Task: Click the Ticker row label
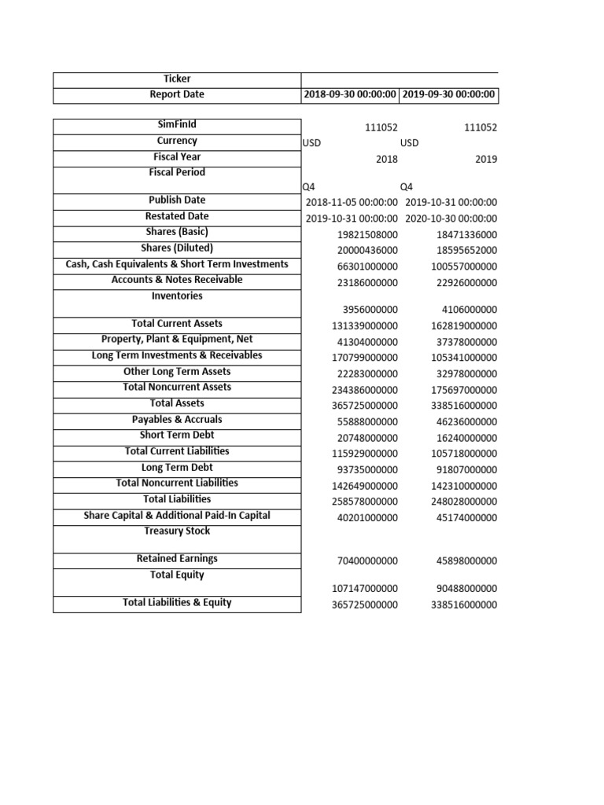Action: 177,79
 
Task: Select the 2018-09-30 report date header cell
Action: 351,95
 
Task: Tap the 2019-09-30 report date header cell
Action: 449,95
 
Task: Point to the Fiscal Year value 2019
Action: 485,159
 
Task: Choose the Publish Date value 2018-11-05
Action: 351,202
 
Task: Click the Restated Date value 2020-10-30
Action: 451,219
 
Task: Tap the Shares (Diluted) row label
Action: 177,248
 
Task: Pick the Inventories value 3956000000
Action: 370,310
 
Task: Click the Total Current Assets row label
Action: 177,323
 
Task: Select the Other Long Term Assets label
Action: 177,371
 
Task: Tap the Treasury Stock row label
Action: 177,531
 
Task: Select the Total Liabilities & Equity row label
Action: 177,603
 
